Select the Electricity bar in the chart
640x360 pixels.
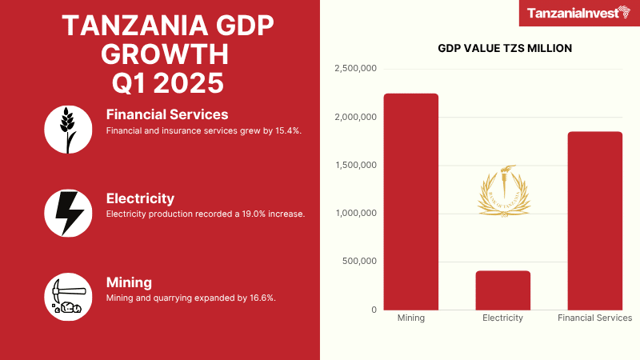[x=502, y=290]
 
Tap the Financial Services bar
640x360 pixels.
[x=594, y=221]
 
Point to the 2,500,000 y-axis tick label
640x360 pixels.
[x=354, y=70]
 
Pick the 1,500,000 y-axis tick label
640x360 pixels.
[x=354, y=166]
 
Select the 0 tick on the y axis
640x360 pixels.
[x=373, y=310]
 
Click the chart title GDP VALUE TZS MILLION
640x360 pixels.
[x=505, y=48]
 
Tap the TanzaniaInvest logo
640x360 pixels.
[x=576, y=13]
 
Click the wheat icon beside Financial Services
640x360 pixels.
[x=68, y=129]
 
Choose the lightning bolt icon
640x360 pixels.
[x=68, y=213]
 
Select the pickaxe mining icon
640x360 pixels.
[x=68, y=297]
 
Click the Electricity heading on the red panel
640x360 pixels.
[x=140, y=198]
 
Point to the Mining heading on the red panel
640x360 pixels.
[x=129, y=282]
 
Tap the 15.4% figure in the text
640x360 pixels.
[x=285, y=130]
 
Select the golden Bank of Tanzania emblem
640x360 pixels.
[x=503, y=190]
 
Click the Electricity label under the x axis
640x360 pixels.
[x=502, y=318]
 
